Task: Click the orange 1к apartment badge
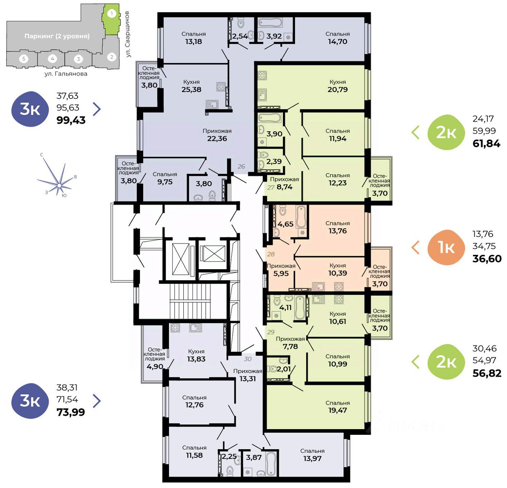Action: (x=446, y=247)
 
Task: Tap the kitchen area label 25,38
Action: (x=191, y=90)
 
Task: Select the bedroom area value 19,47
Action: (x=338, y=410)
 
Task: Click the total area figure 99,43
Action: (x=71, y=120)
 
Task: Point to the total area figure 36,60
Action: (x=487, y=259)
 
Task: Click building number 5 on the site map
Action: (x=23, y=58)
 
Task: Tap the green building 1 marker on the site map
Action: (x=112, y=13)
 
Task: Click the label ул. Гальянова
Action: (x=65, y=74)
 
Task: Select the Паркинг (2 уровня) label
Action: (x=57, y=36)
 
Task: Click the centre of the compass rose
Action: (x=59, y=185)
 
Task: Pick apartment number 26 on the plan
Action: (x=241, y=166)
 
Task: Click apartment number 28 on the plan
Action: (x=271, y=254)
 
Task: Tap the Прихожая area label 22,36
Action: (x=217, y=139)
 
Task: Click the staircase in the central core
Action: (x=190, y=300)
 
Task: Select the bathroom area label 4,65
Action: (x=286, y=224)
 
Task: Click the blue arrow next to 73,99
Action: (x=97, y=401)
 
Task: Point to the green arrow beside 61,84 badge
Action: (x=415, y=133)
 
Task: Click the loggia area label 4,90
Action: (x=155, y=367)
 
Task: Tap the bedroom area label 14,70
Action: (x=338, y=42)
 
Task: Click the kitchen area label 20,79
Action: (x=338, y=90)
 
